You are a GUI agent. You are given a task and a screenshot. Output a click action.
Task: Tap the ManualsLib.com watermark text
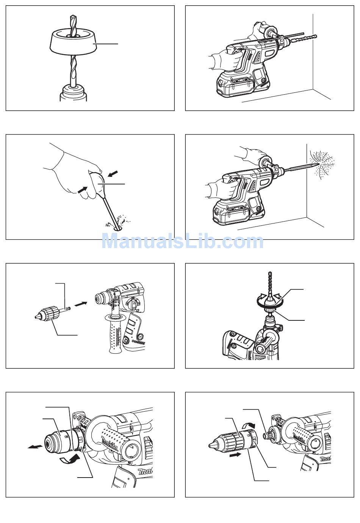[182, 241]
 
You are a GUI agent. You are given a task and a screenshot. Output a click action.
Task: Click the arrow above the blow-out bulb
[113, 174]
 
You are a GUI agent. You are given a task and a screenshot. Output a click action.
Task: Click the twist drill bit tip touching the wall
[314, 37]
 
